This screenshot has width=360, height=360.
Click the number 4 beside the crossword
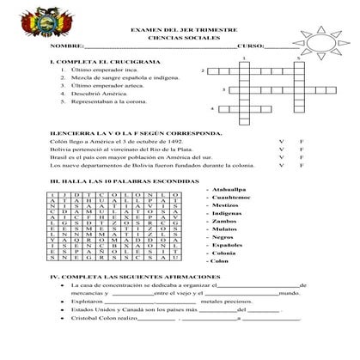213,109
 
